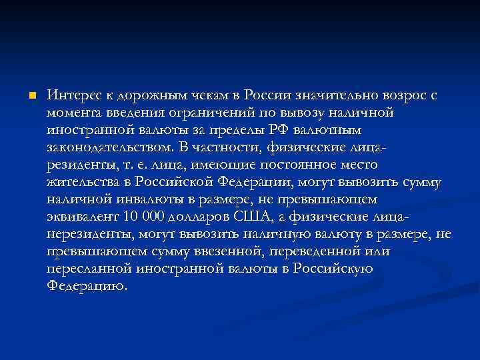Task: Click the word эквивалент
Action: tap(83, 216)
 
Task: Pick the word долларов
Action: tap(201, 216)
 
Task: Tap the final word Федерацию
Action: tap(87, 285)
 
